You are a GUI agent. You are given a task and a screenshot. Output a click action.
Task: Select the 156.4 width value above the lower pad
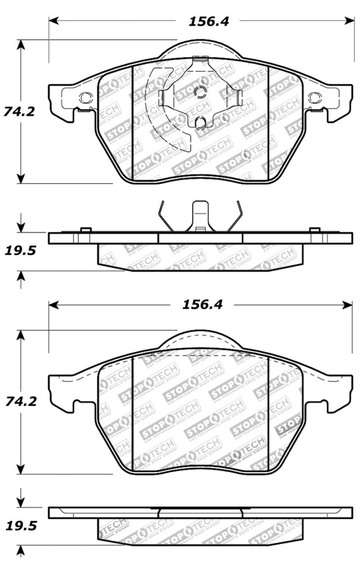click(x=202, y=305)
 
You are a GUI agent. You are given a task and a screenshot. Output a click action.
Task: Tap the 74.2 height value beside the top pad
click(x=19, y=111)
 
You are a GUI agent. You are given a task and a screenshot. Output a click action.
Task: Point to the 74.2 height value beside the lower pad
click(x=19, y=401)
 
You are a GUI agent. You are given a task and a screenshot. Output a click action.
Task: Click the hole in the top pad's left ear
click(x=85, y=98)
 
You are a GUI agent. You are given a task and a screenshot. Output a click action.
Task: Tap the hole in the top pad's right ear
click(x=313, y=98)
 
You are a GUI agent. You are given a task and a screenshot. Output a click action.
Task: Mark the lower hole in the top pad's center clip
click(x=201, y=122)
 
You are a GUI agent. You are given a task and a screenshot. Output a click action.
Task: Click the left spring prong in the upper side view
click(x=165, y=216)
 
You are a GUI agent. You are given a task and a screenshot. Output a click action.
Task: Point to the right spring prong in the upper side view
click(x=235, y=216)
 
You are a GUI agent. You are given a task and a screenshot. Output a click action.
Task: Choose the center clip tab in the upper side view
click(x=201, y=216)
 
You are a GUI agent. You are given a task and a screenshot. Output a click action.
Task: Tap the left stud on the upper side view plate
click(x=85, y=230)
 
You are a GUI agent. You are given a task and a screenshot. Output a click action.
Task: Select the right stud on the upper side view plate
click(x=315, y=230)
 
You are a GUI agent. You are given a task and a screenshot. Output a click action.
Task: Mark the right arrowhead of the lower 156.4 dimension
click(x=349, y=305)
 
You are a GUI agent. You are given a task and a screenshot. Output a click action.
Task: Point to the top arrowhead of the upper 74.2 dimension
click(x=21, y=44)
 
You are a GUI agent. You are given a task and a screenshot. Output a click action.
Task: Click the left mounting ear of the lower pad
click(x=61, y=390)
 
